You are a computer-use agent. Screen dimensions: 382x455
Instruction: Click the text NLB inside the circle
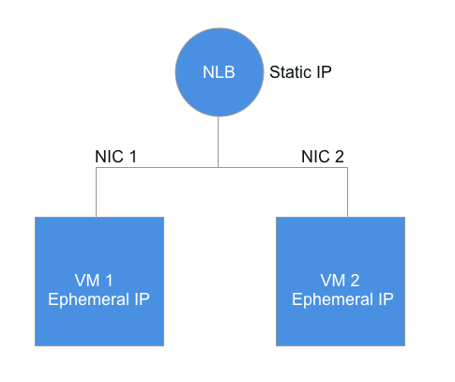click(x=218, y=72)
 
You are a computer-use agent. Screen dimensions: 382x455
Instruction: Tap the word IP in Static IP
click(x=326, y=71)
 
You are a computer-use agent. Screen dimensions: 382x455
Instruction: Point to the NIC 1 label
click(x=115, y=155)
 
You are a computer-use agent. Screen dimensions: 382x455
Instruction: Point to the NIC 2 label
click(x=323, y=155)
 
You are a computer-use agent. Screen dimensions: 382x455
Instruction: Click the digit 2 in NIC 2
click(x=340, y=155)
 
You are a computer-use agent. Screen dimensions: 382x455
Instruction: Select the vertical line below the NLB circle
click(x=218, y=141)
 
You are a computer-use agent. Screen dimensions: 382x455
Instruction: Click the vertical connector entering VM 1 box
click(x=96, y=192)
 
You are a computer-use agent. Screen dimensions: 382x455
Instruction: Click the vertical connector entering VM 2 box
click(x=347, y=192)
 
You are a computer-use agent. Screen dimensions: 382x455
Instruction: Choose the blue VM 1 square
click(x=99, y=281)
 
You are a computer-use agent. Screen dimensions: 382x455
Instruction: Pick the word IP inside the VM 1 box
click(x=141, y=300)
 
